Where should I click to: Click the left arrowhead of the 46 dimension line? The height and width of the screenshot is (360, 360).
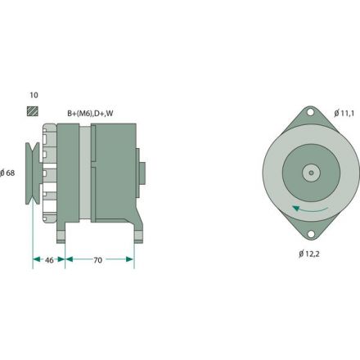click(35, 259)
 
